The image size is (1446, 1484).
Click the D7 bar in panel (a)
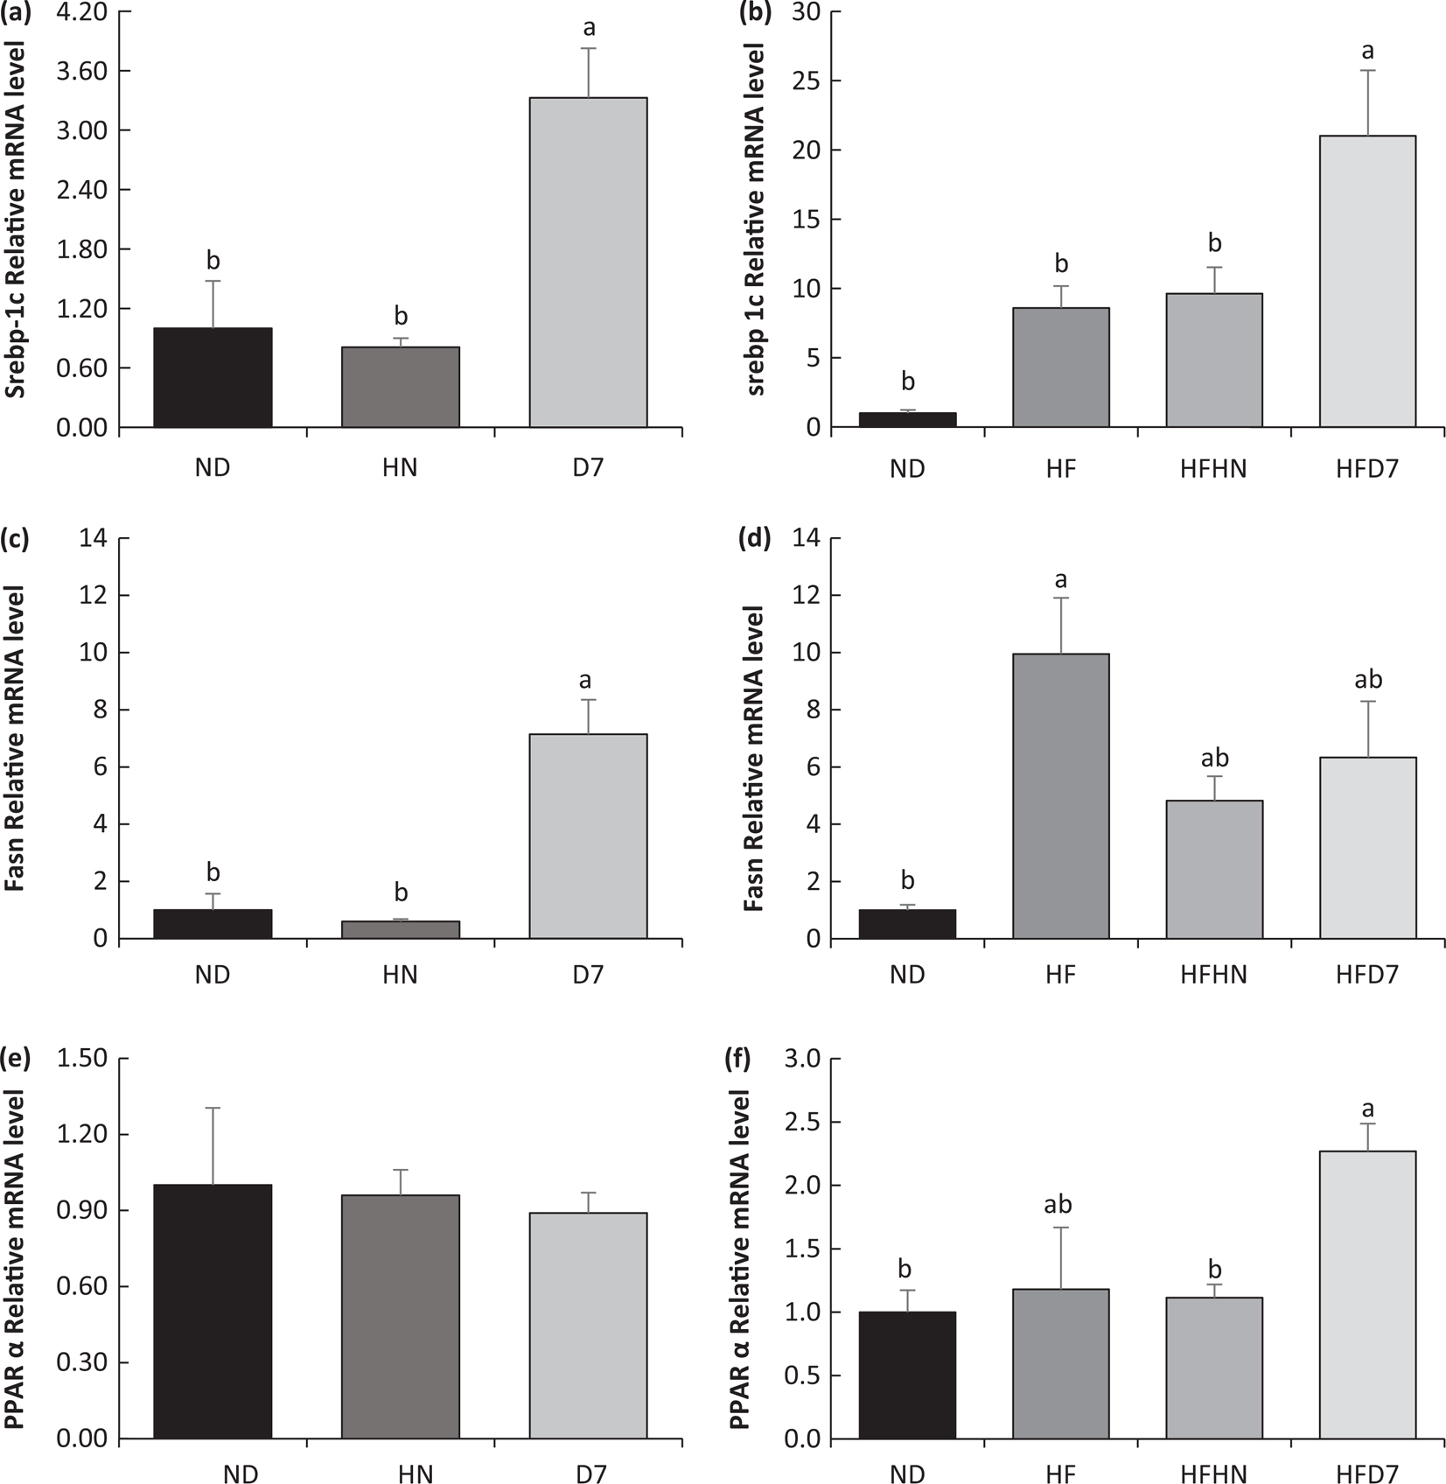(x=588, y=262)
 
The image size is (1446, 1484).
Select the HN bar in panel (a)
(x=401, y=387)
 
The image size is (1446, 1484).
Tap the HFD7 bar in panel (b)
(x=1367, y=281)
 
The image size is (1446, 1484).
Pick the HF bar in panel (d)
(x=1060, y=796)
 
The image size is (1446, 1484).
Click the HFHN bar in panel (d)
(x=1213, y=869)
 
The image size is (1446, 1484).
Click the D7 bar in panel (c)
(x=588, y=836)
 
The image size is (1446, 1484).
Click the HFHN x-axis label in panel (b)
(x=1213, y=469)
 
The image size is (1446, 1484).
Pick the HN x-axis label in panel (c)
(x=401, y=974)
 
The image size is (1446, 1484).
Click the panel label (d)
(x=755, y=538)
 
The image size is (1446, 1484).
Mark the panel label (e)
(x=17, y=1059)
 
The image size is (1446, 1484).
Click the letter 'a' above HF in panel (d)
(x=1060, y=580)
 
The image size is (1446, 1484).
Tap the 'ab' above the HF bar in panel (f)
(x=1058, y=1205)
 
